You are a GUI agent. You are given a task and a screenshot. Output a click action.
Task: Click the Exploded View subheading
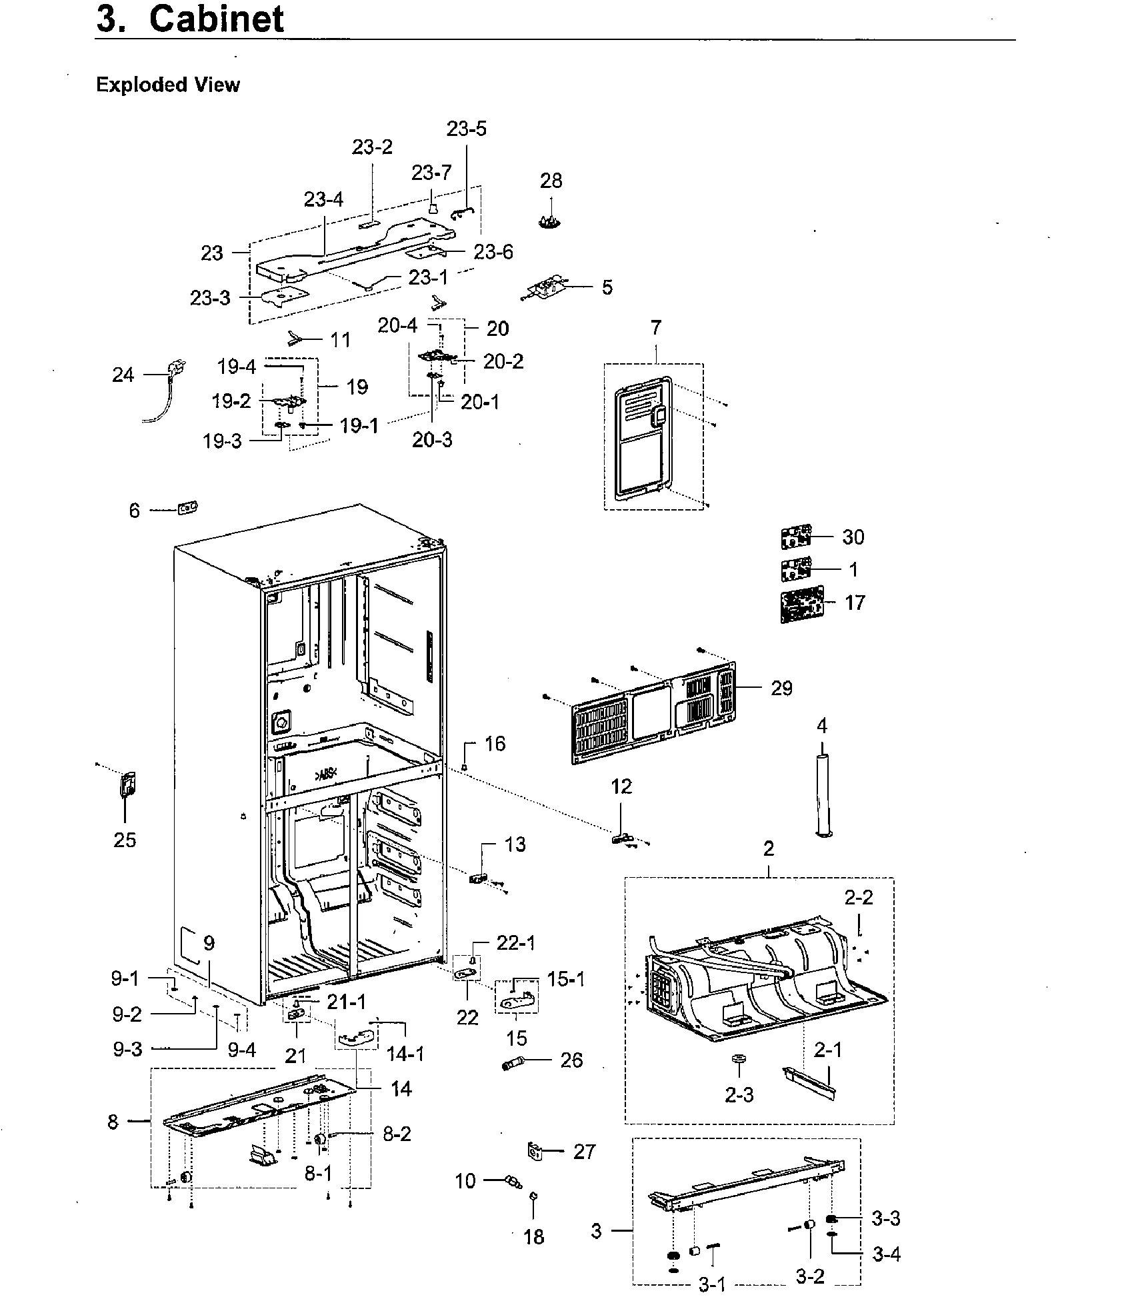[167, 85]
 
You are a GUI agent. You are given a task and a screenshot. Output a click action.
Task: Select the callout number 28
[551, 181]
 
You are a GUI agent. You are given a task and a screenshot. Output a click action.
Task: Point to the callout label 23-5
[467, 129]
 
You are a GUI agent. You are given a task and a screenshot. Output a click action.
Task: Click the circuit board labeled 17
[801, 604]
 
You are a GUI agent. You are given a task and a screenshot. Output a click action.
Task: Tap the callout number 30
[853, 537]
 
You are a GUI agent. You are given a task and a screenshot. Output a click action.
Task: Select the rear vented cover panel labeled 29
[653, 713]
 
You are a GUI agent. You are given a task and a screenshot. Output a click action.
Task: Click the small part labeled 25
[127, 784]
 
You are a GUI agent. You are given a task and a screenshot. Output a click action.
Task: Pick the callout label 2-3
[739, 1094]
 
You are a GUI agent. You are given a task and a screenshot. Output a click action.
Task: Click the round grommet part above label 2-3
[738, 1058]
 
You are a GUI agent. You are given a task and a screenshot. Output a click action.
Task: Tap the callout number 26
[571, 1060]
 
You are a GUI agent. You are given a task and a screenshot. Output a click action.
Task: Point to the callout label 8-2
[397, 1133]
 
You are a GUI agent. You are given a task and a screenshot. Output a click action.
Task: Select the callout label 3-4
[886, 1254]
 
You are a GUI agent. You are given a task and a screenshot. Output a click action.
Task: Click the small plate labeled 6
[187, 509]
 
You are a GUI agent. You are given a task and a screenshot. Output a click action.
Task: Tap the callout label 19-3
[222, 441]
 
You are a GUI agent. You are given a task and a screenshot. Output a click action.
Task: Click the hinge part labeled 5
[544, 289]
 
